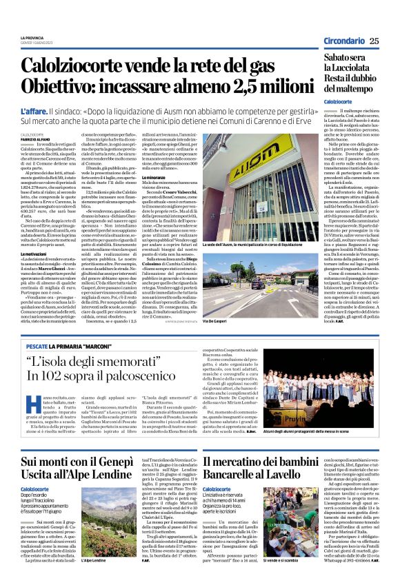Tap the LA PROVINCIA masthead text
[x=32, y=37]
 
